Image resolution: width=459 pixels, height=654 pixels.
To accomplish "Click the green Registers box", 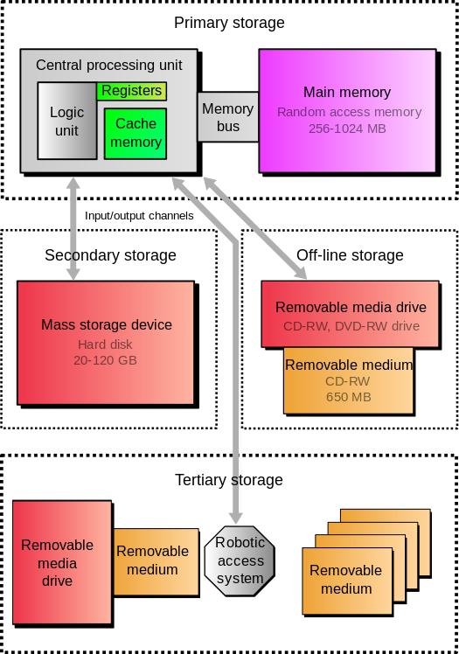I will coord(132,91).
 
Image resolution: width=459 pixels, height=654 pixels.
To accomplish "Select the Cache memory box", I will coord(136,133).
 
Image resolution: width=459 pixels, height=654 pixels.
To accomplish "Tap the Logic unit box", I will coord(66,122).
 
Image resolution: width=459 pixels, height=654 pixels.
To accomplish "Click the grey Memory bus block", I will coord(227,117).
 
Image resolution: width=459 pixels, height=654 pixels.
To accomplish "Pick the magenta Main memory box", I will coord(346,110).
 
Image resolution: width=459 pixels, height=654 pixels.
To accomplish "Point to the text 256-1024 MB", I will coord(347,128).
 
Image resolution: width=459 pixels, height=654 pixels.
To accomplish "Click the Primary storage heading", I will coord(229,23).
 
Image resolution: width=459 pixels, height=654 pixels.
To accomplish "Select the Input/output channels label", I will coord(139,215).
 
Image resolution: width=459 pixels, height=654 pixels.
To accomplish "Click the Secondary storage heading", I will coord(110,255).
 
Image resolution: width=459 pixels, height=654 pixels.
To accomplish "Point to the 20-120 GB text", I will coord(106,359).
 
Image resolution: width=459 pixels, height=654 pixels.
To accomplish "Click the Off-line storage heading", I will coord(350,255).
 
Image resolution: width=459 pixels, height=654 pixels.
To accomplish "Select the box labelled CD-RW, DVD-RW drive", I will coord(351,316).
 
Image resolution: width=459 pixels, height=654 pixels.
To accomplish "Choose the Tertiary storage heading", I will coord(229,480).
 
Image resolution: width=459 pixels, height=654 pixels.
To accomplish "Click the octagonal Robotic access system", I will coord(240,560).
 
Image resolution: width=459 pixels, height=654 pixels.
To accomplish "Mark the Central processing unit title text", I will coord(108,66).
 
